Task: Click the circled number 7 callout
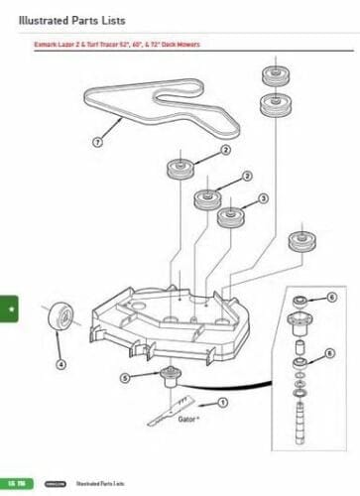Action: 97,142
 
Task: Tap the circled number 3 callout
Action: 264,198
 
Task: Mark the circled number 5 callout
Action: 125,378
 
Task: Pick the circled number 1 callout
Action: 223,403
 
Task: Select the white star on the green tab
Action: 10,310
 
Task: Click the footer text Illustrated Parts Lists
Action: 98,482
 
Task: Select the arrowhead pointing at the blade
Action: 201,405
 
